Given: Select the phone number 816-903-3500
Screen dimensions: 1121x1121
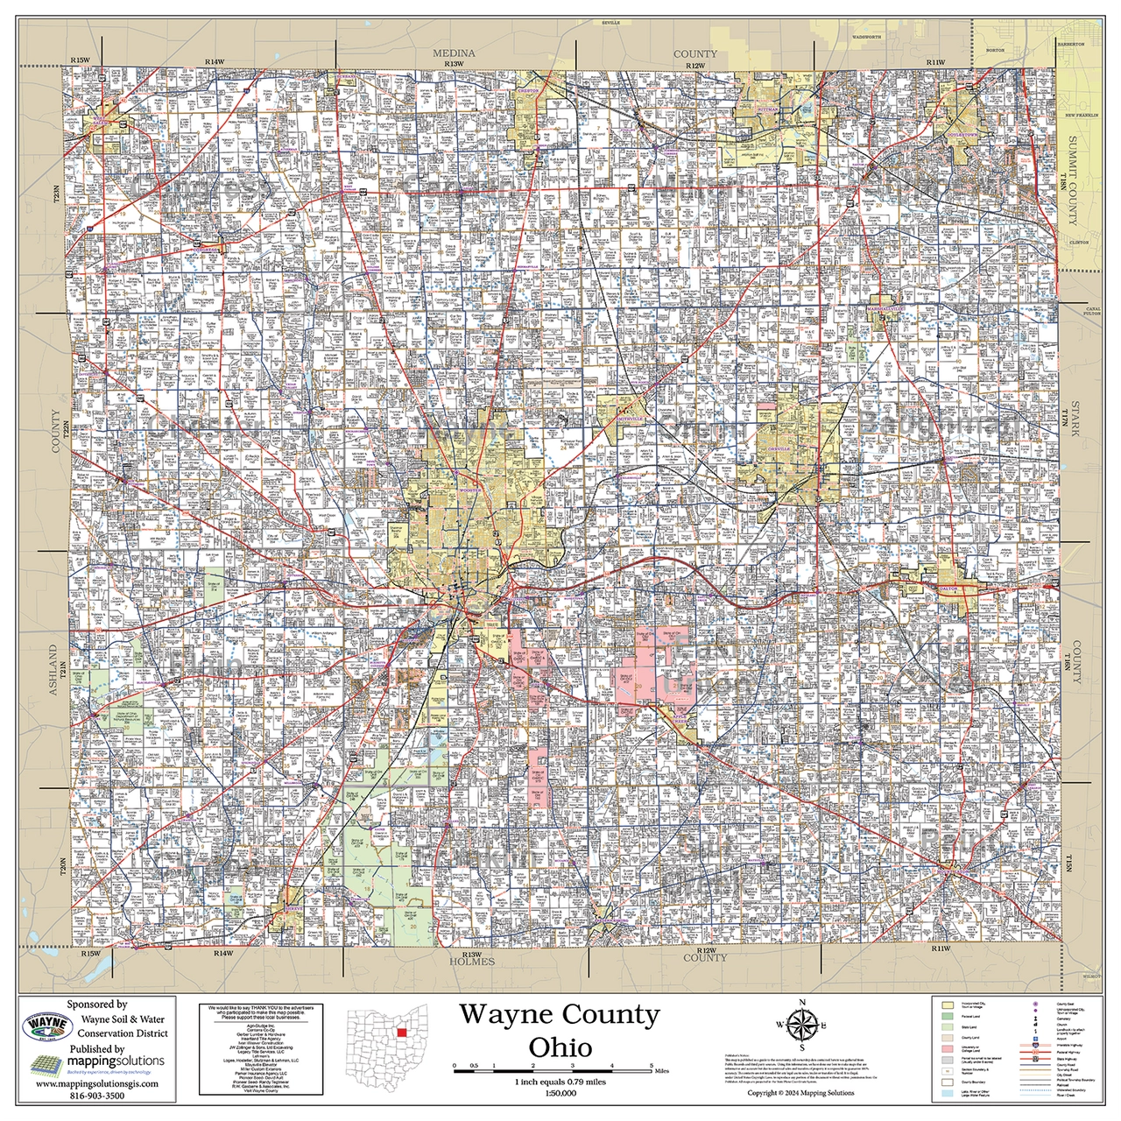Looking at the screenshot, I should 97,1095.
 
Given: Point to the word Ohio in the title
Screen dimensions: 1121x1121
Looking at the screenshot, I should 560,1047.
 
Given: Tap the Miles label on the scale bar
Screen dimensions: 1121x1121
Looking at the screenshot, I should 661,1070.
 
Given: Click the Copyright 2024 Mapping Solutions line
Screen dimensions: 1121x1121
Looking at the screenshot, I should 800,1092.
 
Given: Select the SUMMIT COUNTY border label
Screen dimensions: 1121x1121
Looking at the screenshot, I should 1073,180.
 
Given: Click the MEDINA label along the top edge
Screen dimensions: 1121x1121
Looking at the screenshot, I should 454,53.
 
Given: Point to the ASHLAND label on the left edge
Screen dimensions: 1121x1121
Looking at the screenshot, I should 53,671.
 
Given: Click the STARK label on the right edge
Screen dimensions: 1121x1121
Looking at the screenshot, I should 1076,427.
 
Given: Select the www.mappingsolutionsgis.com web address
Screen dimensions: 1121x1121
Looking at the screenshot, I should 97,1083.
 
